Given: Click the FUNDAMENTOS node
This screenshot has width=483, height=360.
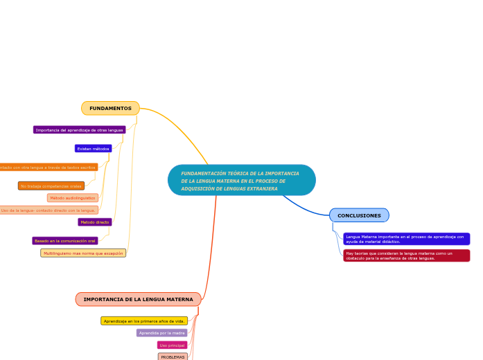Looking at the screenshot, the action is pos(110,109).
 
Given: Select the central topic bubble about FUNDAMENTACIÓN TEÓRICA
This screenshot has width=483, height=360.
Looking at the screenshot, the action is pos(241,181).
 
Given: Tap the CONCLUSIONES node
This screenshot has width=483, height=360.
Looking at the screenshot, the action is pos(359,215).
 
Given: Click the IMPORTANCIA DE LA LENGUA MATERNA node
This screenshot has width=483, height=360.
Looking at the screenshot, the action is pos(138,299).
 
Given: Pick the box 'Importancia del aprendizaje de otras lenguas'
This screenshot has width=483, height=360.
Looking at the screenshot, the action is pos(79,130).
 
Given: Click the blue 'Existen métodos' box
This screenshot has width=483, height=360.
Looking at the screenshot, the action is pos(93,149).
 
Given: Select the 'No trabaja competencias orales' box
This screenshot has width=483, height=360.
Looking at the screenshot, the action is pos(51,186).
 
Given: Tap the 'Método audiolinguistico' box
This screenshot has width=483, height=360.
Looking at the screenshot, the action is pos(73,198).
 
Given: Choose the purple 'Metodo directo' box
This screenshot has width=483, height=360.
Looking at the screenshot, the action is pos(95,222).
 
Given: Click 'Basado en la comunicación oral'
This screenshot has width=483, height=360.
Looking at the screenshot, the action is pos(65,241).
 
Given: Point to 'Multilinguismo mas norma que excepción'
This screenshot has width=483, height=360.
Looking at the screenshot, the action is pos(83,253).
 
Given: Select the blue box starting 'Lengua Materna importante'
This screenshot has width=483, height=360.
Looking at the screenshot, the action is pos(406,239).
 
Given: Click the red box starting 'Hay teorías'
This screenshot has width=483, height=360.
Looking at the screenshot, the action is pos(406,255).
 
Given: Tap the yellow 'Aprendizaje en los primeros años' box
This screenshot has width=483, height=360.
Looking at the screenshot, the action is pos(144,321).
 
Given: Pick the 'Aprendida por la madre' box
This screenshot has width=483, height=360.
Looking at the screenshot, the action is pos(161,333).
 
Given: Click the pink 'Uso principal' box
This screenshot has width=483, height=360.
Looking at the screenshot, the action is pos(172,345).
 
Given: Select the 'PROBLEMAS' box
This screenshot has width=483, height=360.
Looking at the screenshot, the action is pos(173,357).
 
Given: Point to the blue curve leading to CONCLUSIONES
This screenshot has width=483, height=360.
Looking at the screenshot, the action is pos(306,205).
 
